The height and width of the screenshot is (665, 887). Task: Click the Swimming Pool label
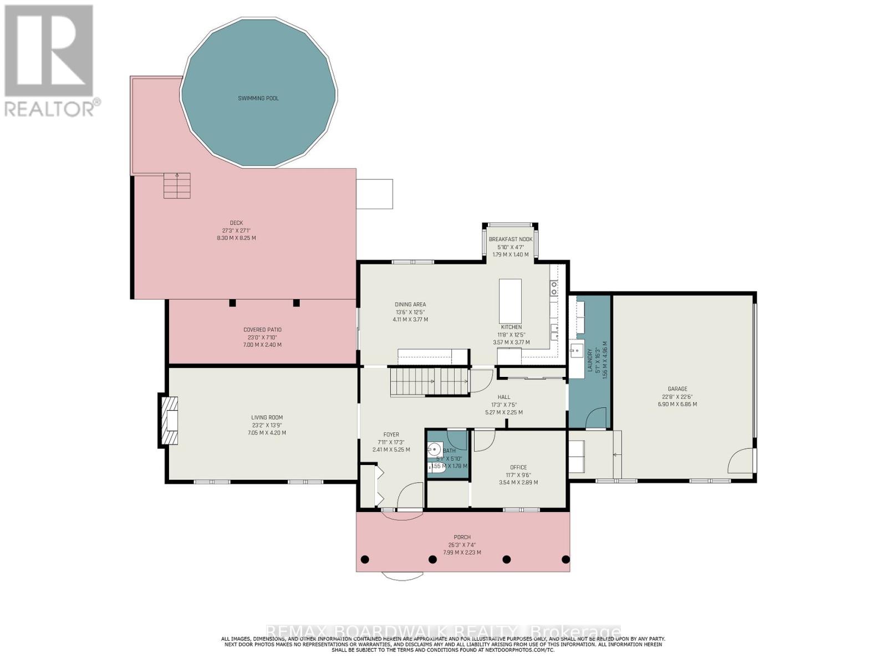pyautogui.click(x=258, y=99)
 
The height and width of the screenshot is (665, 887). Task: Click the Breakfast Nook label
pyautogui.click(x=510, y=239)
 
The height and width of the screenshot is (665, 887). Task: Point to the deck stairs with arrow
pyautogui.click(x=177, y=186)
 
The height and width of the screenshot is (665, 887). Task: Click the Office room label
pyautogui.click(x=518, y=467)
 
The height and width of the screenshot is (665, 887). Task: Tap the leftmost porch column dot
pyautogui.click(x=365, y=559)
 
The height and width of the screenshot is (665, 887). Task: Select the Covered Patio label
pyautogui.click(x=262, y=330)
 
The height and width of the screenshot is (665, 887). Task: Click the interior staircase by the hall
pyautogui.click(x=429, y=382)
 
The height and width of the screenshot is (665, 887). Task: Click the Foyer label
pyautogui.click(x=391, y=434)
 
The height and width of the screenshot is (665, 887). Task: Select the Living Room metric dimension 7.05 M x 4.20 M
pyautogui.click(x=267, y=433)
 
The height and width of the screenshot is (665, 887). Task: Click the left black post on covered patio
pyautogui.click(x=232, y=303)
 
